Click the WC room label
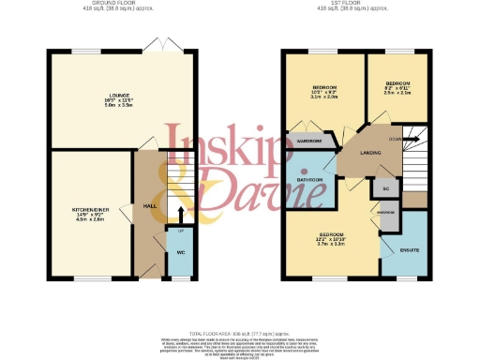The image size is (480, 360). point(179,252)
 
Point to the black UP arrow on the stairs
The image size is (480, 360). point(181,213)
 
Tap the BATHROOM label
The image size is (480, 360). point(310,180)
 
